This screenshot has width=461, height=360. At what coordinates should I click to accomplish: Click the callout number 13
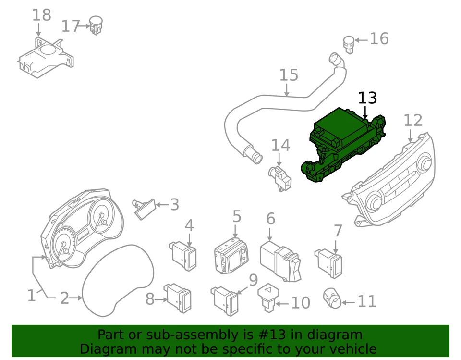367,98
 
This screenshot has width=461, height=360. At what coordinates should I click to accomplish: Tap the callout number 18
41,15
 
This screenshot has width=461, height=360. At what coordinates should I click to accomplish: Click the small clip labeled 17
96,25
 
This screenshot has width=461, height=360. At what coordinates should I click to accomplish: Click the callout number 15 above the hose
289,75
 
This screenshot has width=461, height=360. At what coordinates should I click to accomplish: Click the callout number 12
412,121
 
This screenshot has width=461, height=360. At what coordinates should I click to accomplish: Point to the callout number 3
174,205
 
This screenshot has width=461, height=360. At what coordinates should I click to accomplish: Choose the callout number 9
253,280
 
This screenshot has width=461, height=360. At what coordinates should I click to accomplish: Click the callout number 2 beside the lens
64,298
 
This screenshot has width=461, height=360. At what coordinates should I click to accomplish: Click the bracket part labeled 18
46,58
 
